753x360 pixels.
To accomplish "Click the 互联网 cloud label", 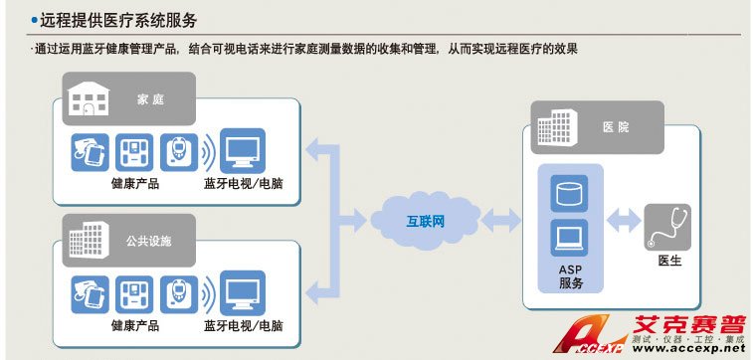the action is point(426,222).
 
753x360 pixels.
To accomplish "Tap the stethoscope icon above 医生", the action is point(667,227).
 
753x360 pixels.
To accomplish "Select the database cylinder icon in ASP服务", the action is point(569,194).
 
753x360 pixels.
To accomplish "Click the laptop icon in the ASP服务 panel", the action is point(569,238).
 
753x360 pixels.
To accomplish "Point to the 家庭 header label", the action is point(151,99).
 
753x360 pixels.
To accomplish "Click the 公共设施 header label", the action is point(149,241).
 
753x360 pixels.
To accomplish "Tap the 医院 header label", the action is point(616,127).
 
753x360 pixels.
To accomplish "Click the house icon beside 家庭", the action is point(88,98).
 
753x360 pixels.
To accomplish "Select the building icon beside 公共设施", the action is point(89,240).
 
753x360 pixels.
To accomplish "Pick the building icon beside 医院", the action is point(557,127).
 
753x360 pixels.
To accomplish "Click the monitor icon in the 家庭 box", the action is point(243,151).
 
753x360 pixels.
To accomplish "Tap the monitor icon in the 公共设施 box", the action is point(243,292).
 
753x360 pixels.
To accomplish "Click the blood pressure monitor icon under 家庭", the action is point(90,152).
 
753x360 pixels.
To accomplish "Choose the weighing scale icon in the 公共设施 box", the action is point(134,294).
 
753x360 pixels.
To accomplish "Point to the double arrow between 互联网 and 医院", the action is point(501,222).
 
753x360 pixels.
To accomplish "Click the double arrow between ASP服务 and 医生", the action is point(624,222).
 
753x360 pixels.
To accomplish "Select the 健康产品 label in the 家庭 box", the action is point(135,183).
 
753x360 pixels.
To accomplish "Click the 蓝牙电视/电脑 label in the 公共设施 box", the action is point(243,326).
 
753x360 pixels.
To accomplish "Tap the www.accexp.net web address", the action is point(688,348).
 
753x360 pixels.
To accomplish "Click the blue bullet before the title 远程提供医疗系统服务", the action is point(34,20).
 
